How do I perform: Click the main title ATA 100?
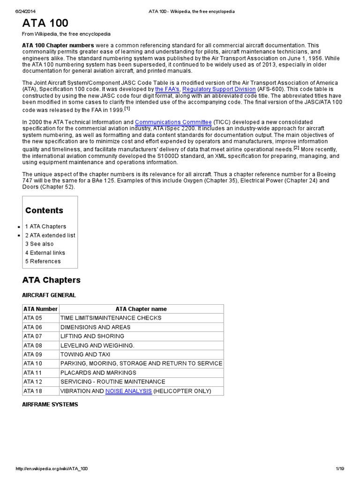45,23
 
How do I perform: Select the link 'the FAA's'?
167,89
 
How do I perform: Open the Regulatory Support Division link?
219,89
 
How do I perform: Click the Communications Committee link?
173,122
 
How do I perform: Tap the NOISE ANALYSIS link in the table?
128,391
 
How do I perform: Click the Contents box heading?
44,210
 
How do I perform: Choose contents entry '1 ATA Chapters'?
45,226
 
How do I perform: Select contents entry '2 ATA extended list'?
50,235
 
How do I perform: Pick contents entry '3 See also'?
39,244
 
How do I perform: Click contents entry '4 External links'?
45,253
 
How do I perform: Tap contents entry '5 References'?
43,261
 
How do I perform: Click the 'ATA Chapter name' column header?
141,309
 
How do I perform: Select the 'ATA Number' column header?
40,309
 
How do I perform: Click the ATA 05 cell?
33,318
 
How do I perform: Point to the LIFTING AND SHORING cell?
92,336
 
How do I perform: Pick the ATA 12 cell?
33,382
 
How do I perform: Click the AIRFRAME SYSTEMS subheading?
50,404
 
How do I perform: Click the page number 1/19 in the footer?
340,469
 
